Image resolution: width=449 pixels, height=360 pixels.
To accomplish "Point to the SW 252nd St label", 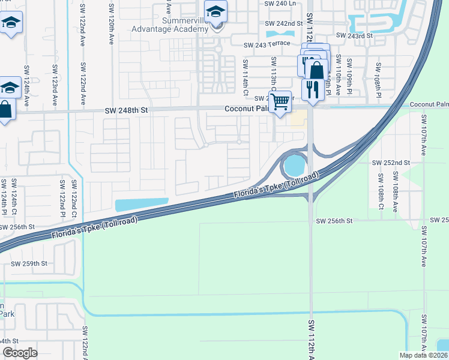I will point(390,163).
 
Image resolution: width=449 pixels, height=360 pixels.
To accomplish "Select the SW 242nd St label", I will point(285,23).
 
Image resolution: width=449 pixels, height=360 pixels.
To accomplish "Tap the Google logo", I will point(20,353).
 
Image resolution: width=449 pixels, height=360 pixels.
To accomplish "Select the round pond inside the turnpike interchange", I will point(294,163).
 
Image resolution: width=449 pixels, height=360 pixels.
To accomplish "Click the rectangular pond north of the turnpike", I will point(142,205).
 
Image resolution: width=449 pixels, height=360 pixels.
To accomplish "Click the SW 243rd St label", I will point(355,35).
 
